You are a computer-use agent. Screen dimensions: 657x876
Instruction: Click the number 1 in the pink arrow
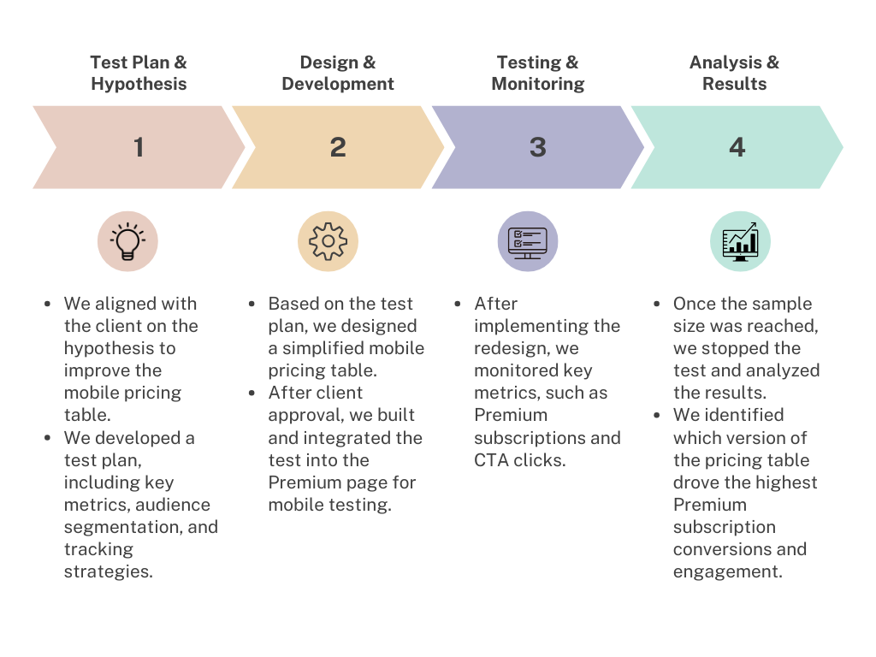(139, 147)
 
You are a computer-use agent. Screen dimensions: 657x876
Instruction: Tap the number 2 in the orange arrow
(338, 147)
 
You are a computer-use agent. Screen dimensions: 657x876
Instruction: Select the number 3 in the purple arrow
(537, 147)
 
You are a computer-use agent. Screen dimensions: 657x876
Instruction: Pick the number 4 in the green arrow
(737, 147)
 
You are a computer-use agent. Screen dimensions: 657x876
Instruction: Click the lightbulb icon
(127, 241)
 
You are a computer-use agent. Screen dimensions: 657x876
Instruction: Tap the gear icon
(328, 241)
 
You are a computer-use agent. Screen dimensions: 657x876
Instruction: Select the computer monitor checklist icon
(527, 241)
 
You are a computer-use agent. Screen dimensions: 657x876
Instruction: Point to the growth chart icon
(740, 241)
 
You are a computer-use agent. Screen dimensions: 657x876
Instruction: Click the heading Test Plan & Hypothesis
(139, 73)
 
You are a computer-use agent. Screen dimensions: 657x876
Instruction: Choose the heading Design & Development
(338, 73)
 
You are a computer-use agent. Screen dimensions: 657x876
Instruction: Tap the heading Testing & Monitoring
(537, 73)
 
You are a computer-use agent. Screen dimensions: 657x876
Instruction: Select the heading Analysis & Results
(734, 73)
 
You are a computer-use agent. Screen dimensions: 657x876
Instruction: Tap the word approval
(305, 415)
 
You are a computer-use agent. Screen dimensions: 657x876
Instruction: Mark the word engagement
(725, 571)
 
